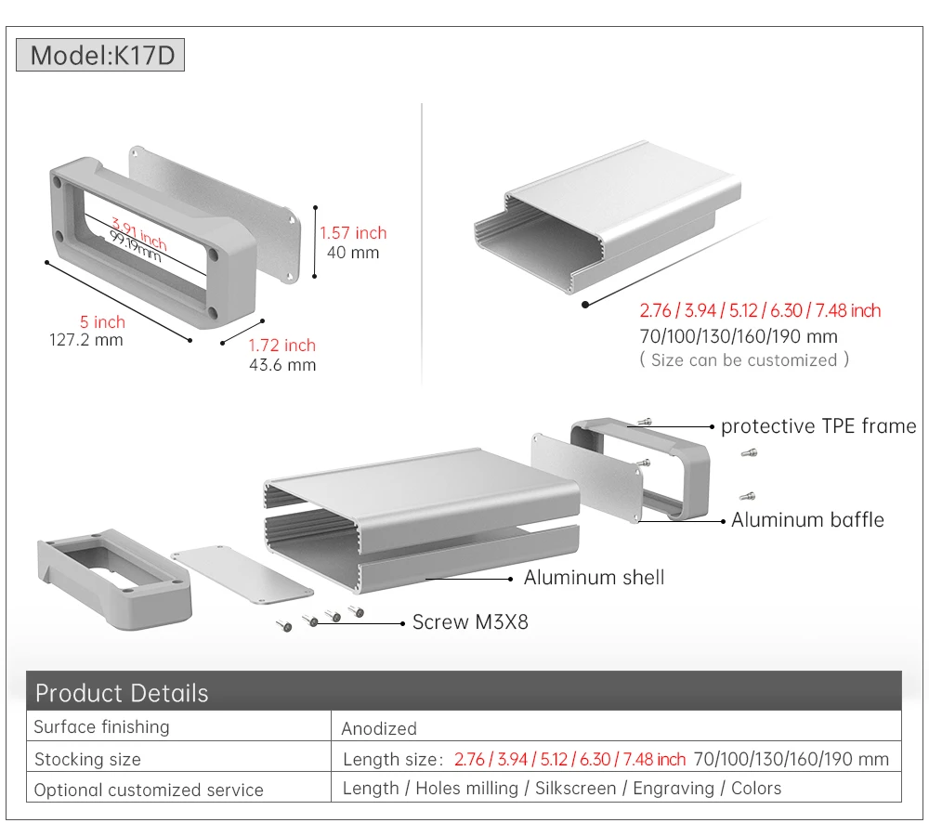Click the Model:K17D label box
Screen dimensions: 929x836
tap(100, 55)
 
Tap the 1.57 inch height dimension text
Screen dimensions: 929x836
tap(353, 233)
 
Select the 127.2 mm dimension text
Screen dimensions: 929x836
tap(86, 340)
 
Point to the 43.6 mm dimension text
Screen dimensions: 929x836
tap(282, 365)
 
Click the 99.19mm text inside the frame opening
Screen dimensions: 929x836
tap(136, 247)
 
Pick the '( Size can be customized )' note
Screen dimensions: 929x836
tap(744, 359)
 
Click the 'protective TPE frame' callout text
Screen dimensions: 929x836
tap(818, 426)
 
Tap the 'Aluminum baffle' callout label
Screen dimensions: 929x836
tap(807, 519)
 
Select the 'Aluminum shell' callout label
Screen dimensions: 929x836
tap(595, 577)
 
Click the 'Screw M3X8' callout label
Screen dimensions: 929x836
tap(470, 622)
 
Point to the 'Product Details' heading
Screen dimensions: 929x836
tap(122, 693)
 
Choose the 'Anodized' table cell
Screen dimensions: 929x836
tap(379, 728)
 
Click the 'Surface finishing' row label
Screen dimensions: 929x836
tap(101, 727)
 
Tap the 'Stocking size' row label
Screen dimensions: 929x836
tap(87, 759)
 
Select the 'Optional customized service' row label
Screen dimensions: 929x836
tap(149, 790)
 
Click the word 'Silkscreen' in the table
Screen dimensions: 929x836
tap(575, 789)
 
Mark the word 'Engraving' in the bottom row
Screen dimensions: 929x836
tap(674, 789)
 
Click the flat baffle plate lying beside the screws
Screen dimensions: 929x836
tap(242, 575)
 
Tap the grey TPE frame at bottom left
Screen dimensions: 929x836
tap(114, 579)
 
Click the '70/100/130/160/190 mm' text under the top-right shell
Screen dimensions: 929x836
tap(739, 336)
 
